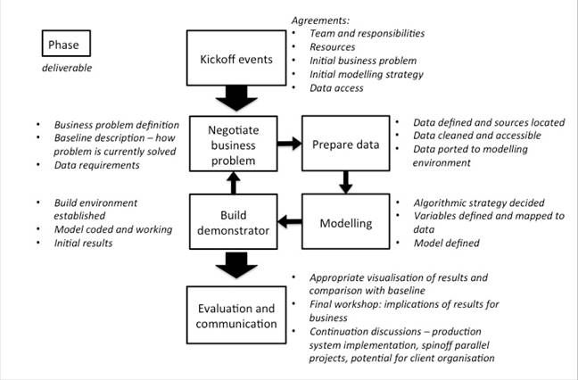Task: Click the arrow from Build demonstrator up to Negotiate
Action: [x=234, y=183]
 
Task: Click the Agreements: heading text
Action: [x=318, y=21]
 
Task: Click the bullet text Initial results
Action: [x=83, y=243]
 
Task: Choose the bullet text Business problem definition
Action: [x=117, y=125]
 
